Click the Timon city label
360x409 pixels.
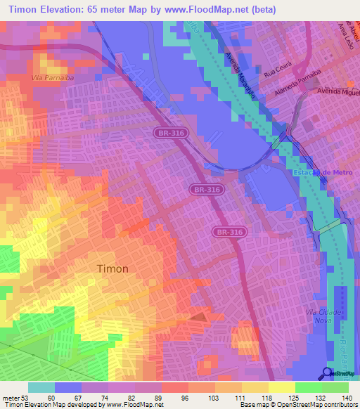(x=112, y=268)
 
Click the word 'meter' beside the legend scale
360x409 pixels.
(x=11, y=398)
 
